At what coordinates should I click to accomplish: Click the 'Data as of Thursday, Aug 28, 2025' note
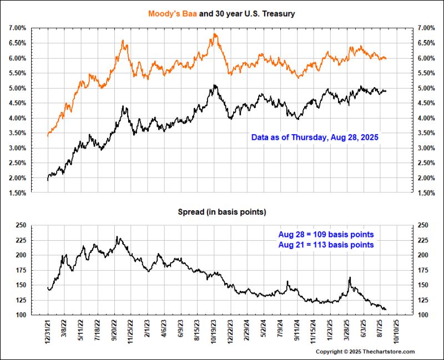pyautogui.click(x=314, y=136)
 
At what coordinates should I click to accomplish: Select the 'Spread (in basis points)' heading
pyautogui.click(x=222, y=212)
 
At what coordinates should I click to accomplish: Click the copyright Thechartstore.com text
pyautogui.click(x=365, y=352)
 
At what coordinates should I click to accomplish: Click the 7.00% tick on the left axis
pyautogui.click(x=17, y=28)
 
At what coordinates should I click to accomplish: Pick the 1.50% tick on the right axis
pyautogui.click(x=427, y=193)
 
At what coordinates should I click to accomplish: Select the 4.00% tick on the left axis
pyautogui.click(x=17, y=118)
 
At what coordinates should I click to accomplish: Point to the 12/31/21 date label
pyautogui.click(x=49, y=331)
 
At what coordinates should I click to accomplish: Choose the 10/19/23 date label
pyautogui.click(x=215, y=331)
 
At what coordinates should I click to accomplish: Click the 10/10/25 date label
pyautogui.click(x=397, y=331)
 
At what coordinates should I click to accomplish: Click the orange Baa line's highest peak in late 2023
pyautogui.click(x=215, y=34)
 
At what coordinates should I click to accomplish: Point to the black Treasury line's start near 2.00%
pyautogui.click(x=48, y=179)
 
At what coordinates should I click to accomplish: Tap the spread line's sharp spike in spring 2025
pyautogui.click(x=350, y=277)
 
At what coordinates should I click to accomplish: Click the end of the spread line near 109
pyautogui.click(x=385, y=309)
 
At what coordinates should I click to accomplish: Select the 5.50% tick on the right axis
pyautogui.click(x=427, y=73)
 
